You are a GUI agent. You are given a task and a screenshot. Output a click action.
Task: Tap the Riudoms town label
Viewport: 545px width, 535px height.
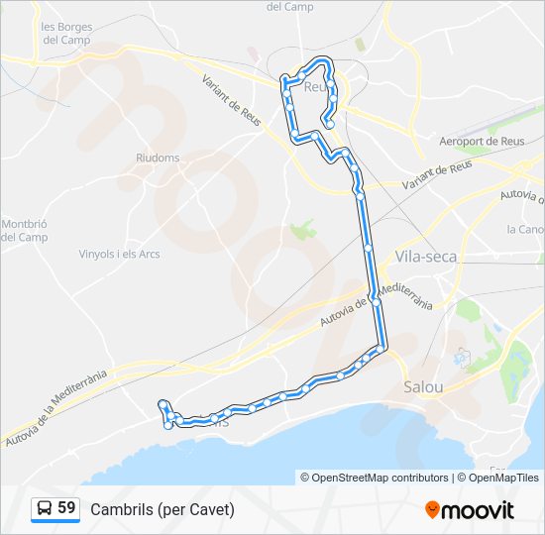click(158, 157)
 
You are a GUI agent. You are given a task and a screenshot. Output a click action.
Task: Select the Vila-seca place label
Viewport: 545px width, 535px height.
click(426, 256)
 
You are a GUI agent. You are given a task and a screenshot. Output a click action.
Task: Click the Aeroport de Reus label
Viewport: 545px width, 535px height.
click(482, 142)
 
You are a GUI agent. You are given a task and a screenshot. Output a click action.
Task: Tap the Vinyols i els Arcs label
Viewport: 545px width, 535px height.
click(119, 254)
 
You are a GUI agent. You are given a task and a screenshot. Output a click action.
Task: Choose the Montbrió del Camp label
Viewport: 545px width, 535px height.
click(24, 230)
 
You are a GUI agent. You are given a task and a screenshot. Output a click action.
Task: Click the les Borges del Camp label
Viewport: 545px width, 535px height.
click(66, 34)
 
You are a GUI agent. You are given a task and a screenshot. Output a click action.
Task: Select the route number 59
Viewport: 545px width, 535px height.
click(66, 508)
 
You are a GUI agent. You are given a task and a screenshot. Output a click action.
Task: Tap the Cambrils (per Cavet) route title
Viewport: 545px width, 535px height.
click(163, 509)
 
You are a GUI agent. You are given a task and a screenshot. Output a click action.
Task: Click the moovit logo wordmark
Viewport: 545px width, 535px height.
click(479, 510)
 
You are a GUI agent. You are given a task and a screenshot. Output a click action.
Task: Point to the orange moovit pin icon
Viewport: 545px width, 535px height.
click(432, 510)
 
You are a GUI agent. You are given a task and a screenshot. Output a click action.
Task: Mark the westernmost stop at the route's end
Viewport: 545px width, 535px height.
click(162, 403)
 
